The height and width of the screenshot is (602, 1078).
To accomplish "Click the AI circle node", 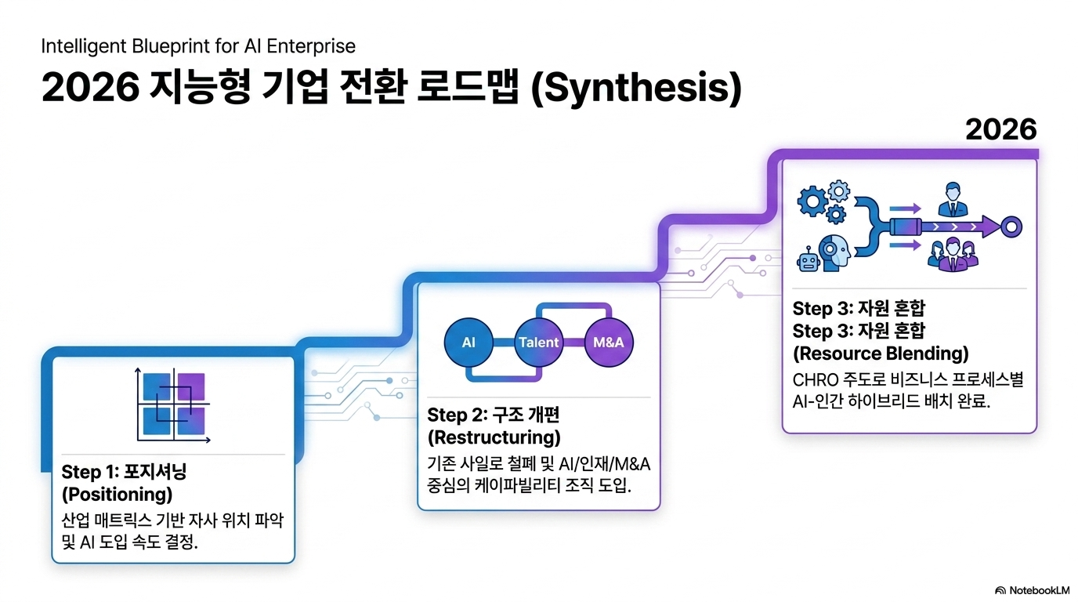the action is coord(468,342).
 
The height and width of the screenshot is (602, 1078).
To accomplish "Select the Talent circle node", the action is coord(538,342).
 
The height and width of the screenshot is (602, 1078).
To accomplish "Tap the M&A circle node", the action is coord(609,342).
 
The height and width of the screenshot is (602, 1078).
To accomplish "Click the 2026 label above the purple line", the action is coord(1001,129).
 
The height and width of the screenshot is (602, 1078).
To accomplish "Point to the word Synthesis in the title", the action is coord(637,88).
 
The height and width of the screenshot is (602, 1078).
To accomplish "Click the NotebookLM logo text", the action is coord(1039,590).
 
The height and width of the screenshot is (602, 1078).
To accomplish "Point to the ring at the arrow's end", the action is coord(1011,227).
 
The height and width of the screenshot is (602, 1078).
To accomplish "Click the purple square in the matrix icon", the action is coord(191,386).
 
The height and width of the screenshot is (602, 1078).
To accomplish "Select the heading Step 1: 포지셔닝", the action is coord(124,472).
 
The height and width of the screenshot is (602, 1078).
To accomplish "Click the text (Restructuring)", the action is coord(494,437).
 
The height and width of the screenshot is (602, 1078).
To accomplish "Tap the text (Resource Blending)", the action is coord(881,354).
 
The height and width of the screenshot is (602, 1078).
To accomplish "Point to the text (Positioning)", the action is coord(117,494).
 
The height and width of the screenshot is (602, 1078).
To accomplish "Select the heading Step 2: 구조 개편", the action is coord(494,415).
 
